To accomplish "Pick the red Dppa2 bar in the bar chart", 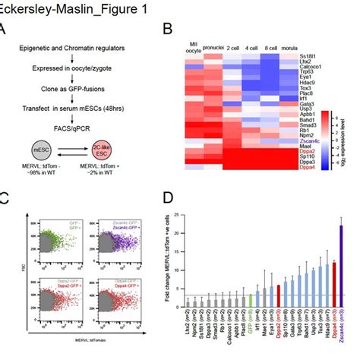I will tap(279, 289).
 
